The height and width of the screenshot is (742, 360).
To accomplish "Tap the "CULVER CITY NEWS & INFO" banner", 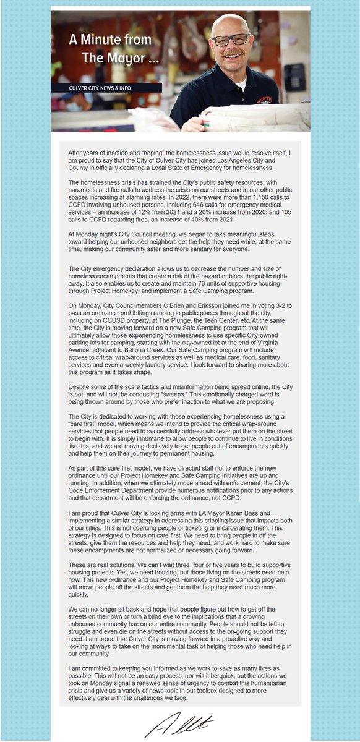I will coord(100,88).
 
